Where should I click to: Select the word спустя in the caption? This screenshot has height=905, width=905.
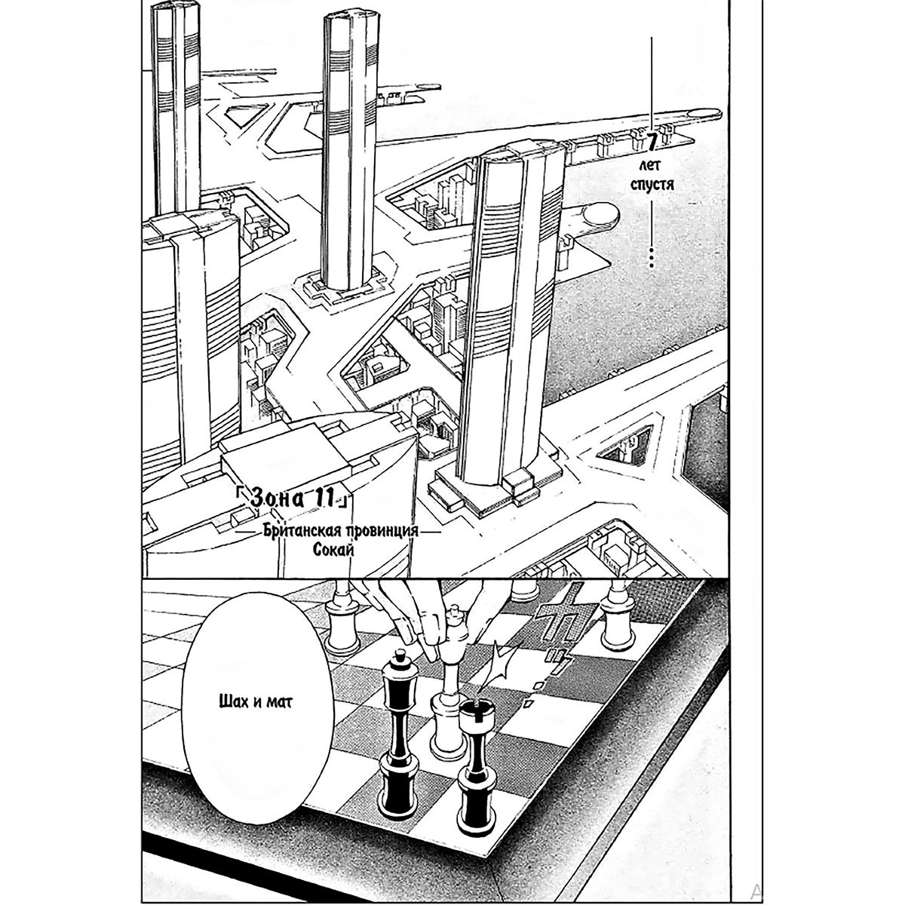pyautogui.click(x=652, y=184)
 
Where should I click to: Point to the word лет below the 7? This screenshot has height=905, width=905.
pyautogui.click(x=652, y=165)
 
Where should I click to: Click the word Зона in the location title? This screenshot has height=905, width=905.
pyautogui.click(x=277, y=499)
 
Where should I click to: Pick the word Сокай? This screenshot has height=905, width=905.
pyautogui.click(x=333, y=551)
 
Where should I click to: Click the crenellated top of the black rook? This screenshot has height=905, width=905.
pyautogui.click(x=475, y=714)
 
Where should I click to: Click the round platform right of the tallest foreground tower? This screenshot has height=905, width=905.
pyautogui.click(x=601, y=215)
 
